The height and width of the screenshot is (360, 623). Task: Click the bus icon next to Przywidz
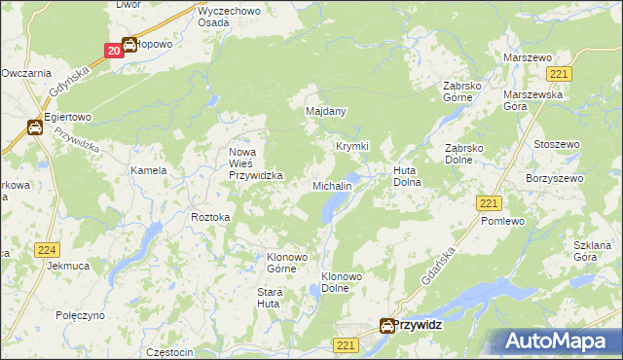click(387, 328)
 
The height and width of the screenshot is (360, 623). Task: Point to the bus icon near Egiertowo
click(34, 126)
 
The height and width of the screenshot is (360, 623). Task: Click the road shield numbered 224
click(47, 250)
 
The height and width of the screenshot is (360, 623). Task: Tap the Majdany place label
click(326, 112)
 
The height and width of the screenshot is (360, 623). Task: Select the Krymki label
click(352, 146)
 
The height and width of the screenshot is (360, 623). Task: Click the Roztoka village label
click(211, 217)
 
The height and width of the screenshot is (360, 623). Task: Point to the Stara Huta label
click(269, 298)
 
